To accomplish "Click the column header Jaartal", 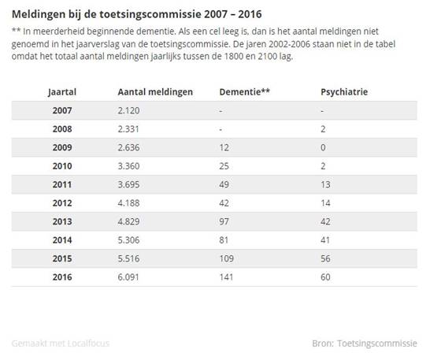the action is coord(62,92).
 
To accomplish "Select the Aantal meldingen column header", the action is coord(155,92).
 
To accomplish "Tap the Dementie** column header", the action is coord(245,91).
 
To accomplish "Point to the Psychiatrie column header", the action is coord(344,92).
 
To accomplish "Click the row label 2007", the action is coord(62,110).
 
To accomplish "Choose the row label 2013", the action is coord(62,221).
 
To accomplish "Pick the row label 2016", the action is coord(62,277).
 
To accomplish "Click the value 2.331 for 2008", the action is coord(128,129).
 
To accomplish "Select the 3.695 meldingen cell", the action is coord(128,184).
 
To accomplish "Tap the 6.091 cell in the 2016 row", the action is coord(128,277).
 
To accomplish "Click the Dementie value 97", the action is coord(224,221).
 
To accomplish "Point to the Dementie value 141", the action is coord(226,277).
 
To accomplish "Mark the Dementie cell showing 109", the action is coord(227,258).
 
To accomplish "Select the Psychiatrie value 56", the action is coord(325,258).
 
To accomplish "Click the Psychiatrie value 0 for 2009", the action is coord(324,147).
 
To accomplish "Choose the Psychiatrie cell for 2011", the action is coord(325,184).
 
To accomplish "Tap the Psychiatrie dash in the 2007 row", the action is coord(322,111).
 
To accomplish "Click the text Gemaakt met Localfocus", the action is coord(61,343).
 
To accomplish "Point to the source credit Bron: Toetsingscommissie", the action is coord(365,343).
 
